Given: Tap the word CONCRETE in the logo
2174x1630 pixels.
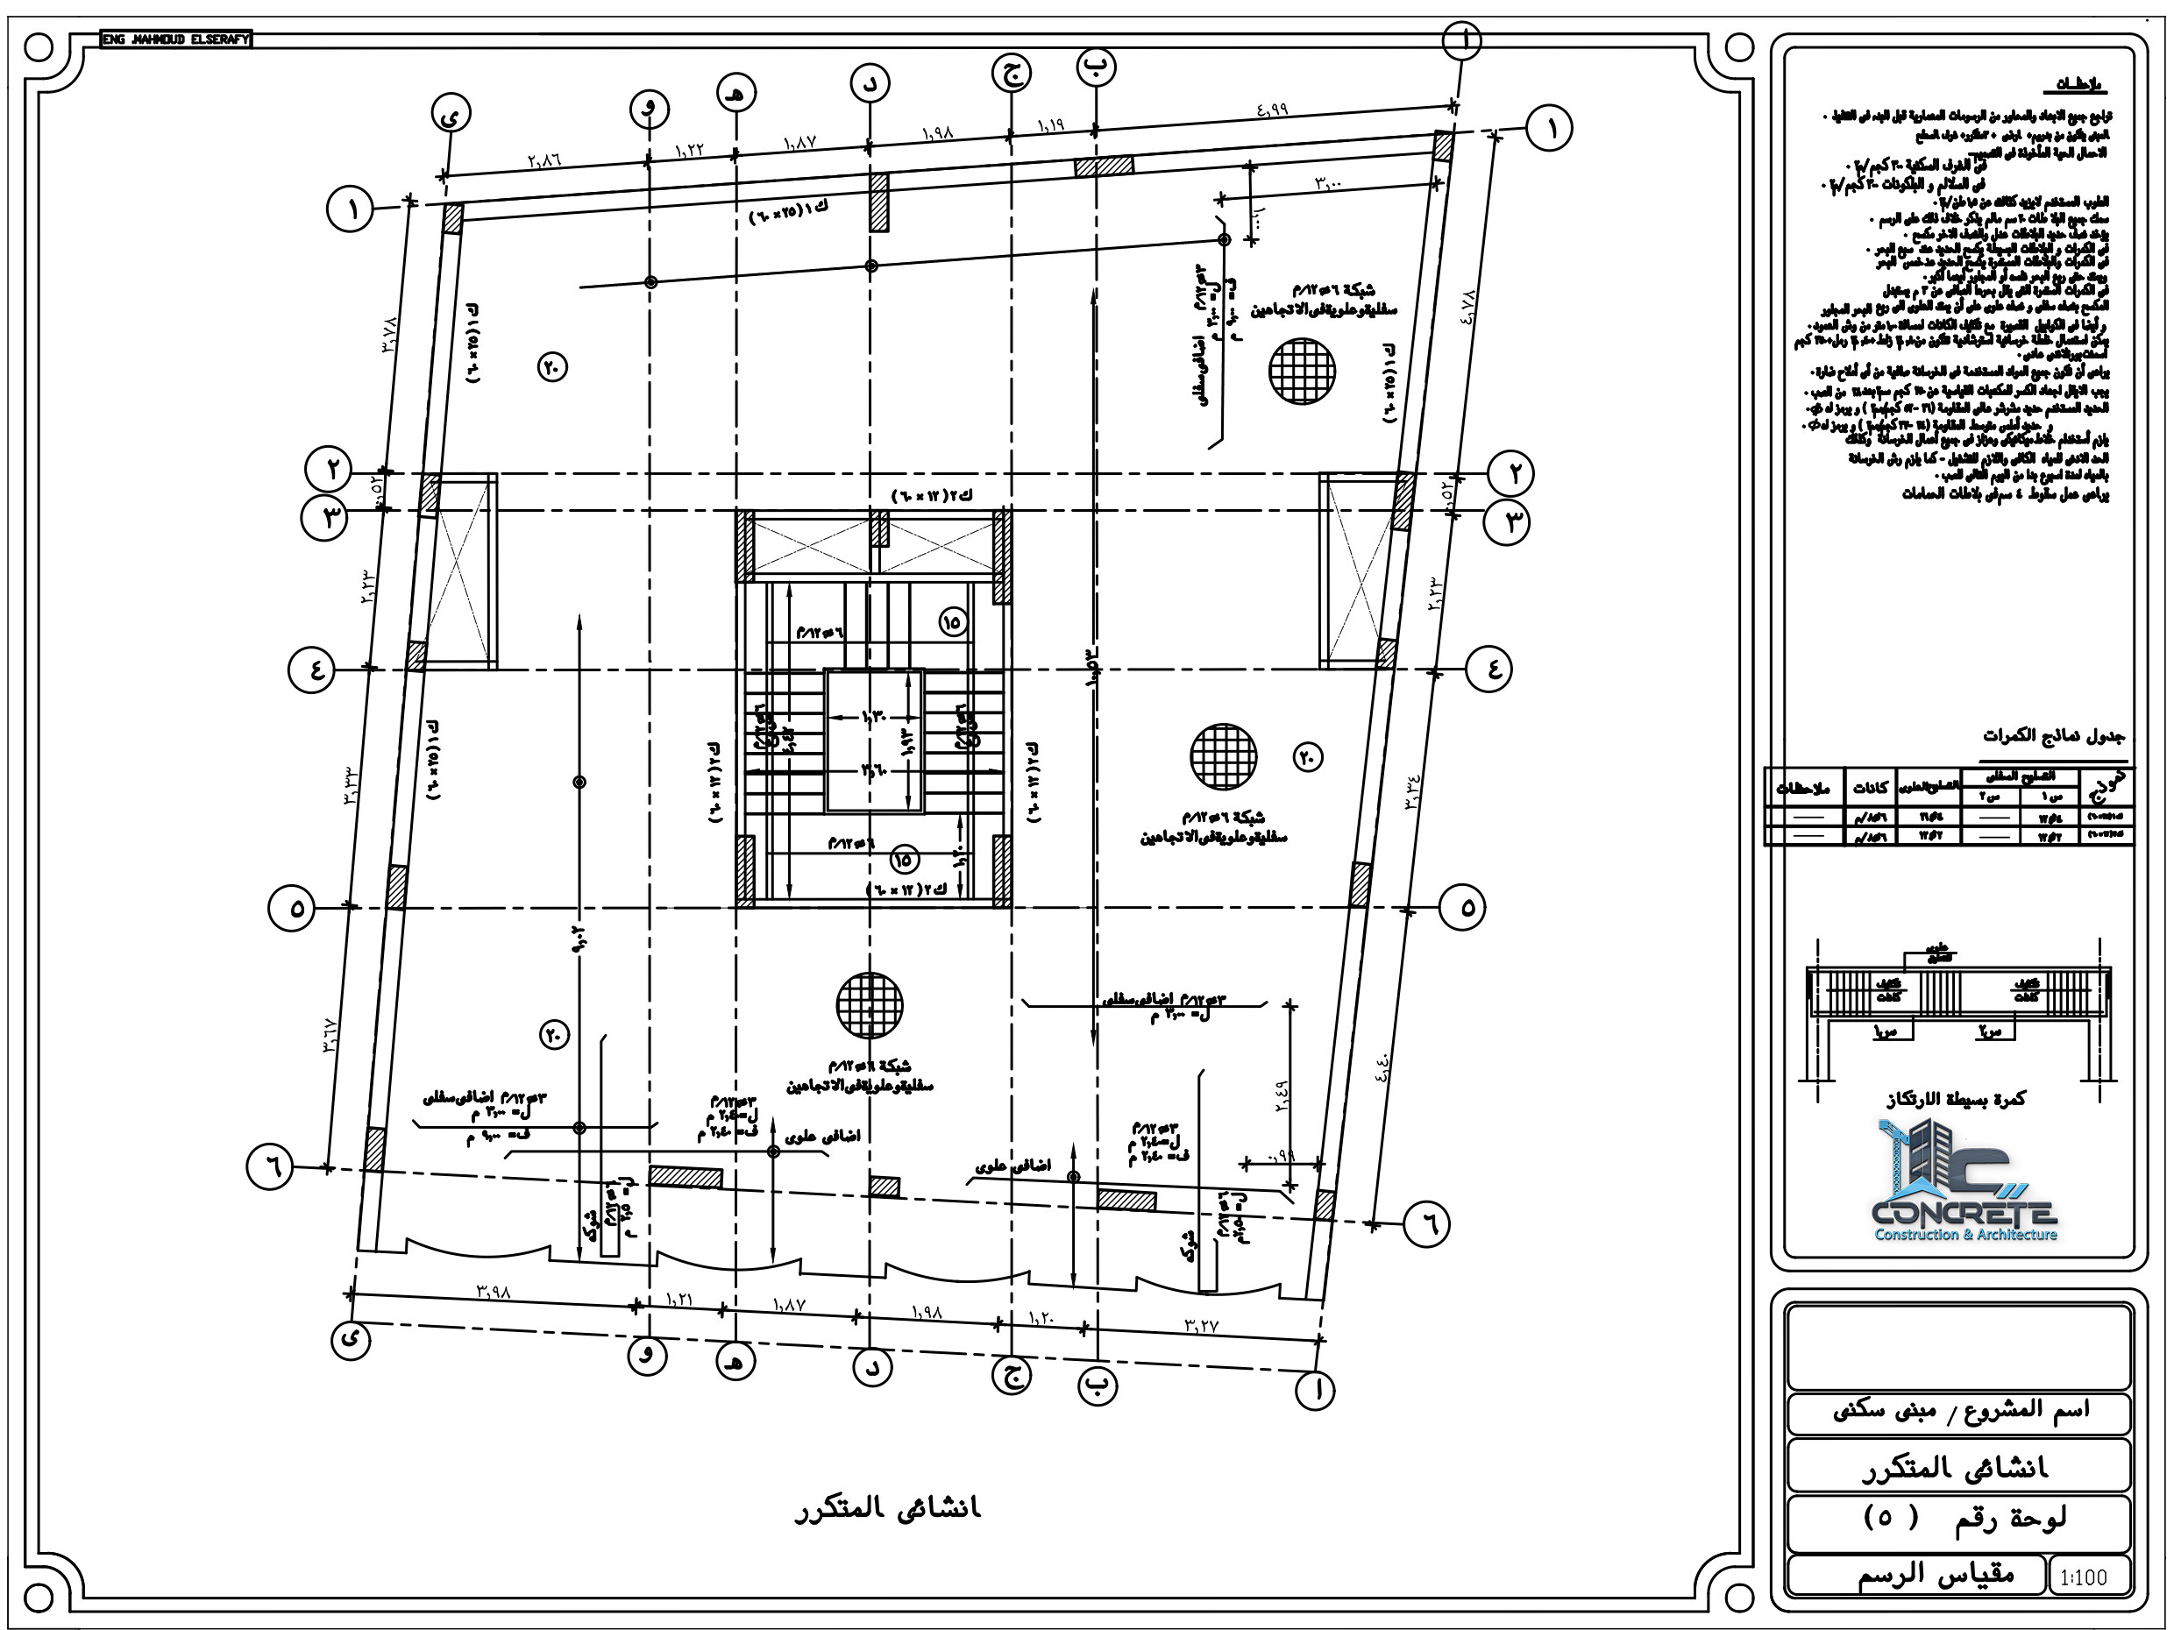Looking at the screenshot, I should point(1964,1213).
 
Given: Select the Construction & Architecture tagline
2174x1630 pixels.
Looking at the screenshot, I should point(1965,1235).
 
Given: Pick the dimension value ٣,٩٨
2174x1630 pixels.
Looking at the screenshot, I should point(494,1291).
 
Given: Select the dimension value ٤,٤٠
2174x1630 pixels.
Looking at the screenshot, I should point(1382,1063).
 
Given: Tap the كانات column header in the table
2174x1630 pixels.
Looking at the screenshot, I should point(1869,788).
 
